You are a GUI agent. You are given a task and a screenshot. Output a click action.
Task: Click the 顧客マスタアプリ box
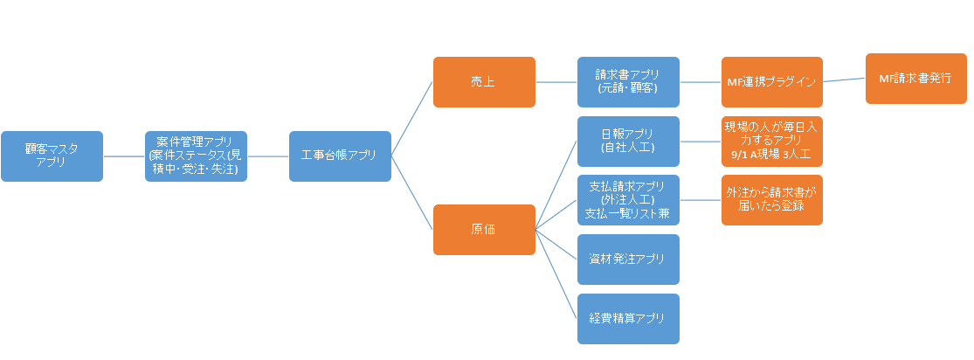click(52, 156)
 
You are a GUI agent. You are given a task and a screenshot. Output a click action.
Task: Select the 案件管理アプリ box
click(196, 156)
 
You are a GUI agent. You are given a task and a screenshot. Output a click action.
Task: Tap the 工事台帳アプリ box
click(340, 156)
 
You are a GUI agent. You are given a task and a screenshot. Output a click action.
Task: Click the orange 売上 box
click(484, 82)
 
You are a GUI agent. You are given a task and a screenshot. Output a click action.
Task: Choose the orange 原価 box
click(484, 230)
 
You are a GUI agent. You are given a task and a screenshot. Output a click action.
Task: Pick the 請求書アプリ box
click(628, 82)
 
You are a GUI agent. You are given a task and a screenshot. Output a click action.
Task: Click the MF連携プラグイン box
click(771, 82)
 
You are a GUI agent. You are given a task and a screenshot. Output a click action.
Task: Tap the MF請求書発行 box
click(915, 78)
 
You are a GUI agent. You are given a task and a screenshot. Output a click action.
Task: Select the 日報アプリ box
click(628, 141)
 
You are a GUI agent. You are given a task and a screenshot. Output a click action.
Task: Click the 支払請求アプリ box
click(628, 200)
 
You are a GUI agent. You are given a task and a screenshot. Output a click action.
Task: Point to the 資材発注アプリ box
click(628, 259)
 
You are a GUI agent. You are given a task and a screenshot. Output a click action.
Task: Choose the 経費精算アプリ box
click(628, 319)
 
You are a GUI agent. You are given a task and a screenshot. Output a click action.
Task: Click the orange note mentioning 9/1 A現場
click(771, 141)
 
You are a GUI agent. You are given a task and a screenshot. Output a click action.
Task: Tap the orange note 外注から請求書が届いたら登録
click(771, 200)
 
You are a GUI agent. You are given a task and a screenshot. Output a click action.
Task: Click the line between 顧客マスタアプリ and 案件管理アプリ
click(123, 156)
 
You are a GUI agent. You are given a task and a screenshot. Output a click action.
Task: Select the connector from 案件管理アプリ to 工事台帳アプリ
click(267, 156)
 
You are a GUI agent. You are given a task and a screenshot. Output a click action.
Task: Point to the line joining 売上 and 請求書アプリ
click(556, 82)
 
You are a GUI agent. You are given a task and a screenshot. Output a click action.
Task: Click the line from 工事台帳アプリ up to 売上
click(412, 119)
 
